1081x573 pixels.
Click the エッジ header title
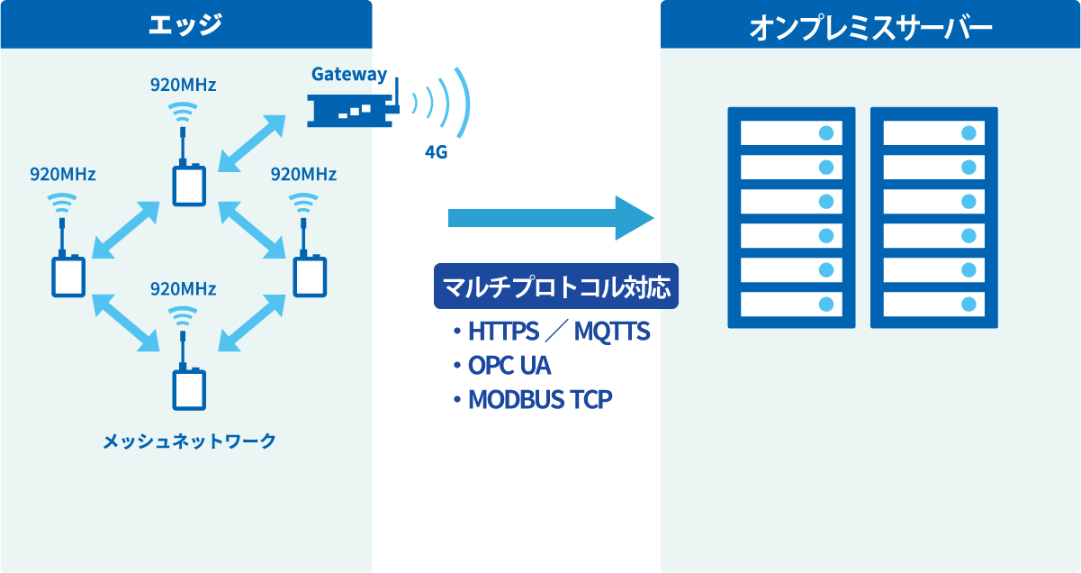[x=185, y=24]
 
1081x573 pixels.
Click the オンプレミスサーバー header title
[x=870, y=28]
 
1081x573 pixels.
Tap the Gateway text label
[x=349, y=75]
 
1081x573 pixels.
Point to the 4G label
[x=436, y=152]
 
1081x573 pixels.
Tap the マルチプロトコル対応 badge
[x=555, y=287]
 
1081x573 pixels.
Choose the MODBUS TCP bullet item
[x=539, y=399]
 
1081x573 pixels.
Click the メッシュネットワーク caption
[x=189, y=441]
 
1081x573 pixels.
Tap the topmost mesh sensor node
[x=189, y=184]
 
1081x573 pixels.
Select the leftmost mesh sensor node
[x=68, y=276]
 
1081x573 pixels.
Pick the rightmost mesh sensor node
[x=310, y=276]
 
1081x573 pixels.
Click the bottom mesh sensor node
[x=189, y=388]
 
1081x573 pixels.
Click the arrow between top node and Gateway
[x=251, y=141]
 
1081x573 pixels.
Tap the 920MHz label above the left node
[x=63, y=174]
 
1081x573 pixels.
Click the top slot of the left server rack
[x=790, y=133]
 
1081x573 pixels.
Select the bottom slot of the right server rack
[x=933, y=304]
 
